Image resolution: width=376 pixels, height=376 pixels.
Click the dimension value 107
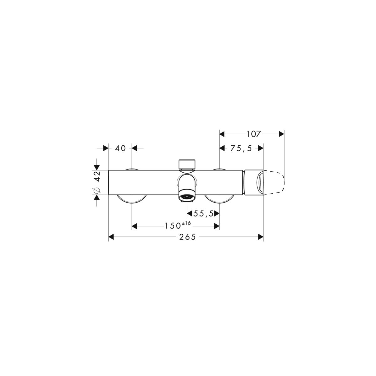coord(254,134)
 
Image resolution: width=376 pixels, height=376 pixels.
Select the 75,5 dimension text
coord(241,149)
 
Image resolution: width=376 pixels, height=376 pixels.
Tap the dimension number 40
coord(120,148)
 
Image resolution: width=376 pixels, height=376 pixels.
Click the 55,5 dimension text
coord(204,214)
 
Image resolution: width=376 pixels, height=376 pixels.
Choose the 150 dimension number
coord(173,226)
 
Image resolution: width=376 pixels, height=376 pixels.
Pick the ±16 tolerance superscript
coord(186,223)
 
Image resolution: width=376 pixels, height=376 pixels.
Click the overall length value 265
coord(187,237)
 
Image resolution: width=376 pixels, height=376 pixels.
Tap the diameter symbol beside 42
coord(97,191)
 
